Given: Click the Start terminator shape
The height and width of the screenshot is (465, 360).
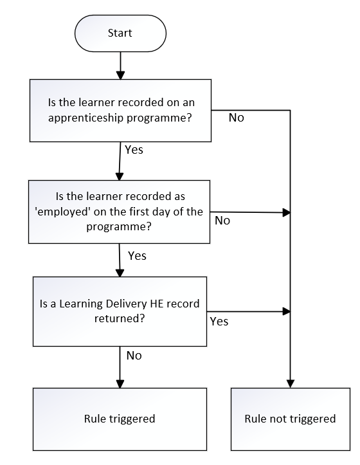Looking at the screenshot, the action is click(120, 33).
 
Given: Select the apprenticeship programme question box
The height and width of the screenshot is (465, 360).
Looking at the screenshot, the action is click(120, 111).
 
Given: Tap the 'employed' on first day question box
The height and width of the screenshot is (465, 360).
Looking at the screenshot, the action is click(119, 212).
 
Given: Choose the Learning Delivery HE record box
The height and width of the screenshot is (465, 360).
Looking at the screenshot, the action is click(120, 311).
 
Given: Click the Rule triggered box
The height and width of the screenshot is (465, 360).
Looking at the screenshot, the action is click(120, 419).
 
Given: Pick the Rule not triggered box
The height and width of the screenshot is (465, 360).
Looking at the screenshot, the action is click(291, 419).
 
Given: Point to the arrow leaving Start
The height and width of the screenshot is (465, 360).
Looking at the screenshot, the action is click(120, 66).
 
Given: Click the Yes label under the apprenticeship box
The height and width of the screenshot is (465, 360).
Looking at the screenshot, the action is click(134, 150).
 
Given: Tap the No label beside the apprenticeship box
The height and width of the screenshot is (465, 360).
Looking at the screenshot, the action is click(237, 118).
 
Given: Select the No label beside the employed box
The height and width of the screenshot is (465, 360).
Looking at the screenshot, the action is click(222, 221).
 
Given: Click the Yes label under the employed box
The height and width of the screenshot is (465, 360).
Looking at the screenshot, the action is click(137, 255).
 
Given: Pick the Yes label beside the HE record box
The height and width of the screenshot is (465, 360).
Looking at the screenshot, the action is click(219, 322).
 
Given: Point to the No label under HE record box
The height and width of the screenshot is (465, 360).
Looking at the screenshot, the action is click(134, 356).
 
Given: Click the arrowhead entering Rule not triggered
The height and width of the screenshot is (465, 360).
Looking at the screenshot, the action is click(291, 383).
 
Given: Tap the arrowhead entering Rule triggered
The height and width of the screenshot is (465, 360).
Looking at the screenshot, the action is click(120, 383).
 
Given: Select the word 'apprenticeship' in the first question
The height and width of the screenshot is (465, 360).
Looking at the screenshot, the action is click(86, 118).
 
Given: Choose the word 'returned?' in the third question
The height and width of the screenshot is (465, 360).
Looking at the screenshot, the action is click(120, 318).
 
